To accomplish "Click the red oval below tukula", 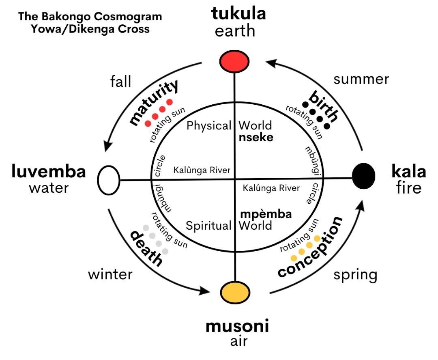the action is point(234,62).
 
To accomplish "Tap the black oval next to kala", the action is point(363,176).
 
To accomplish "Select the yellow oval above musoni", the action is point(235,293).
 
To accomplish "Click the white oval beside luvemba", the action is point(109,180).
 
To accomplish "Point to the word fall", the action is point(121,82).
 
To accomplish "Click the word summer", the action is point(361,80).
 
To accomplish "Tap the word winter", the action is point(110,274).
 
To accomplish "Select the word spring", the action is point(355,275).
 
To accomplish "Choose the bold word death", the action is point(146,248).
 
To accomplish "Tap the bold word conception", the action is point(310,247).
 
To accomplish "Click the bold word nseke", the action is point(256,138).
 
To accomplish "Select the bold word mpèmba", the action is point(266,214).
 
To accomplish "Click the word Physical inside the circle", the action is point(209,126).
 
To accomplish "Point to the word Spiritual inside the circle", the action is point(209,226).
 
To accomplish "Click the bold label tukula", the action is point(238,13).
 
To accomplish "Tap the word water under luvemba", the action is point(49,188).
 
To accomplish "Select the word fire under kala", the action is point(409,188).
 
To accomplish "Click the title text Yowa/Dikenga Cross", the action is point(90,29).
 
